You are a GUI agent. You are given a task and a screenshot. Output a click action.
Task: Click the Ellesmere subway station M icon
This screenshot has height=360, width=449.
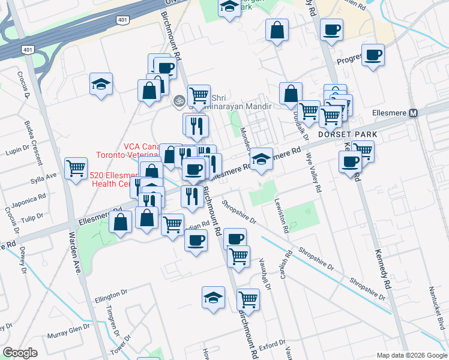click(413, 113)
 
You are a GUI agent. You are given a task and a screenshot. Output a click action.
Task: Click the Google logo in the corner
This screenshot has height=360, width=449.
click(20, 353)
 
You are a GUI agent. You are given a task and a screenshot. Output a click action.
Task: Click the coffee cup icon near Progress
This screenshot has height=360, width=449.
click(373, 55)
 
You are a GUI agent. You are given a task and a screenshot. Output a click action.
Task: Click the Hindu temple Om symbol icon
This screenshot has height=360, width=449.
click(178, 101)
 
